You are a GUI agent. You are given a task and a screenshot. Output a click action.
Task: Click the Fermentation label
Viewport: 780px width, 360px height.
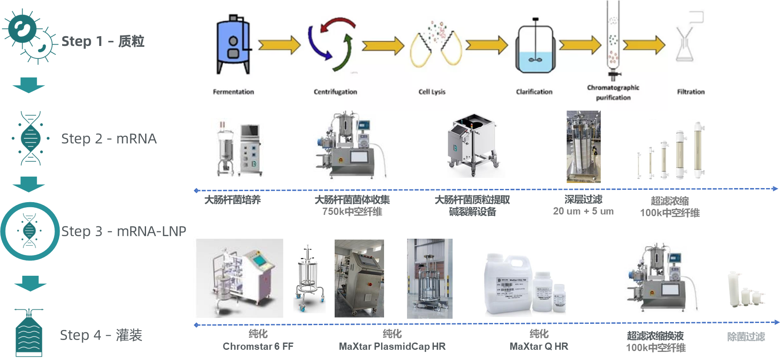click(x=233, y=91)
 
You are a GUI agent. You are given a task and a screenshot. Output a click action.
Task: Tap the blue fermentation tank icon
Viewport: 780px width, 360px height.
click(x=233, y=45)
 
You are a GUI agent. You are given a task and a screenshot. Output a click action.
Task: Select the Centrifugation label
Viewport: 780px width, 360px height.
click(x=335, y=91)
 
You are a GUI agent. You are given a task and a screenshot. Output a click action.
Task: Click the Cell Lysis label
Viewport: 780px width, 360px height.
click(x=432, y=91)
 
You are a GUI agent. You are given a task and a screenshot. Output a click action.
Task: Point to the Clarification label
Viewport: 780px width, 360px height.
click(x=534, y=91)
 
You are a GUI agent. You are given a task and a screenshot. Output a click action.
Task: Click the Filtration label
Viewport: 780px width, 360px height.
click(x=691, y=91)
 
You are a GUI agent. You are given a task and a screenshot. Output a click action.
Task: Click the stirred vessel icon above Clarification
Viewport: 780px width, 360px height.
click(x=535, y=47)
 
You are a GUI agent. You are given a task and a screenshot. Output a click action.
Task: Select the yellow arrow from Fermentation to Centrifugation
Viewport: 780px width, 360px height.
click(x=279, y=45)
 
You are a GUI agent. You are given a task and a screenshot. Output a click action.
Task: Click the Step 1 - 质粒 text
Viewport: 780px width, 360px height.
click(x=103, y=41)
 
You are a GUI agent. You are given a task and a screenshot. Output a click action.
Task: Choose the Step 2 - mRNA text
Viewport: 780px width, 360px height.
click(x=109, y=139)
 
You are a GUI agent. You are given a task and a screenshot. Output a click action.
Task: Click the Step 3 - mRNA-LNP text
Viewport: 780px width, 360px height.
click(x=124, y=231)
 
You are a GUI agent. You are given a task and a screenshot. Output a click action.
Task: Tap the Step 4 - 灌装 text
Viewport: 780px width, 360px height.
click(x=101, y=335)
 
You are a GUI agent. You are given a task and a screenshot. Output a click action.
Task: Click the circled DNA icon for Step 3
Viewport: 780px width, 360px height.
click(x=30, y=231)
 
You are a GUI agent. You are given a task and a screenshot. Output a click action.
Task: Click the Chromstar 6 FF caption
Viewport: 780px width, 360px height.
click(x=258, y=346)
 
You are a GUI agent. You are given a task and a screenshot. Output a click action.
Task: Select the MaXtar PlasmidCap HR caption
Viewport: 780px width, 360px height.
click(x=392, y=346)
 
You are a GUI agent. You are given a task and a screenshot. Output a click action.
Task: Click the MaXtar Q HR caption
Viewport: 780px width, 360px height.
click(x=539, y=346)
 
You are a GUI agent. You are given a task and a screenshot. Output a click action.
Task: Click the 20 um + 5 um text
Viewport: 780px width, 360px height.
click(x=583, y=211)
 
